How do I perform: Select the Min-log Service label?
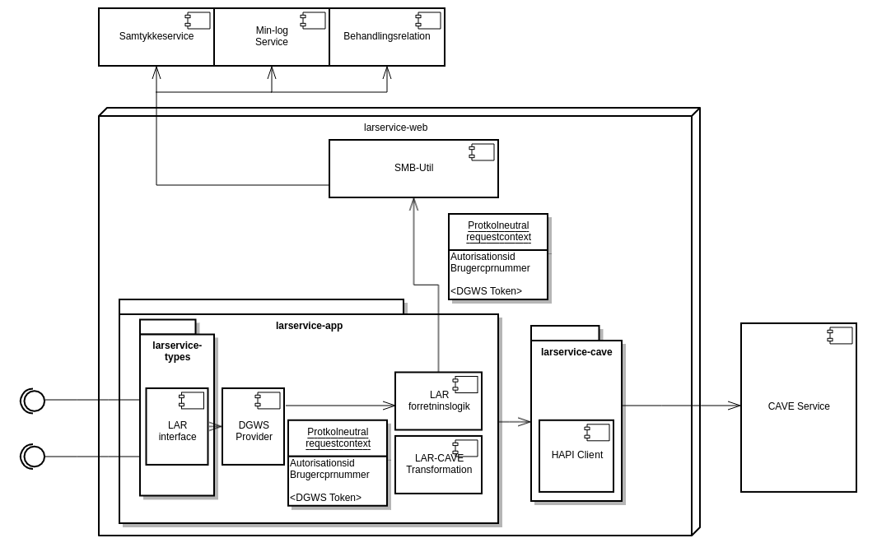(272, 36)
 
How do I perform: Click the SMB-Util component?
(413, 169)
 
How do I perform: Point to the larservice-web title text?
(395, 128)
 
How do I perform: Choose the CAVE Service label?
(799, 406)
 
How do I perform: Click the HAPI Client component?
(576, 456)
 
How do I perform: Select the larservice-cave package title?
(576, 352)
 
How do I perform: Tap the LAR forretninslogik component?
(438, 401)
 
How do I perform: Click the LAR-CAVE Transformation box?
(438, 465)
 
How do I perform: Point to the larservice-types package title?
(177, 351)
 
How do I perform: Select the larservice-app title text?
(309, 326)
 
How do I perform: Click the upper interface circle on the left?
(34, 401)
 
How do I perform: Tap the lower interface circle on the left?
(34, 457)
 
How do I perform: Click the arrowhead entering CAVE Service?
(735, 406)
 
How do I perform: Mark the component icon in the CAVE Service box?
(840, 336)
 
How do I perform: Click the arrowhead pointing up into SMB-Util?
(414, 204)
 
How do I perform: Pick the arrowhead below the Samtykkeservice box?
(156, 72)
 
